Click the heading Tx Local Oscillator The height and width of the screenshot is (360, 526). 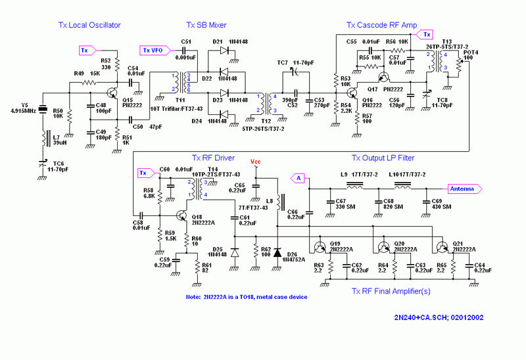[x=89, y=25]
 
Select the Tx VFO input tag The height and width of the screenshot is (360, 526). [x=155, y=50]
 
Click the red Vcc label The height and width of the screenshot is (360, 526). [x=256, y=162]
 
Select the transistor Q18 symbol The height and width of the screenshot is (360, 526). [x=182, y=215]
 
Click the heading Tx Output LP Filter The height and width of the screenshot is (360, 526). [x=383, y=158]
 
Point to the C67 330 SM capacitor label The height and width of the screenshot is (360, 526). [x=346, y=204]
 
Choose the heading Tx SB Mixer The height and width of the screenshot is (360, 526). [x=206, y=25]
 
